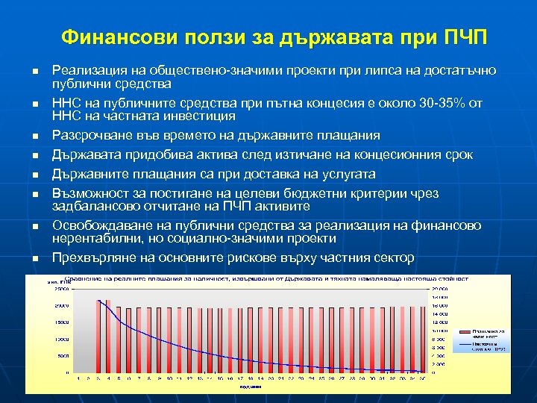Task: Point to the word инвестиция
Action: (x=203, y=116)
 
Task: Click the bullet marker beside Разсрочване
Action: (x=34, y=137)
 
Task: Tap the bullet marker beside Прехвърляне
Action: (x=34, y=259)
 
